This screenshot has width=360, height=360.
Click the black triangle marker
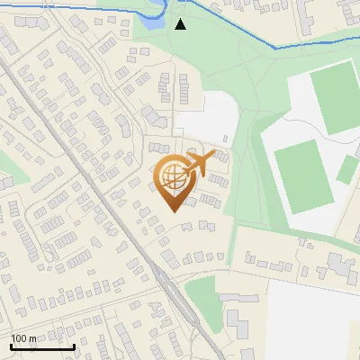(x=181, y=24)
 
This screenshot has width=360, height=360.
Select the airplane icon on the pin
(x=198, y=164)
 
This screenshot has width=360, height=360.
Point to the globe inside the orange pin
(x=174, y=177)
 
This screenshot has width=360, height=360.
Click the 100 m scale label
(x=23, y=338)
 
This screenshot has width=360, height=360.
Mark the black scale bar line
(x=42, y=346)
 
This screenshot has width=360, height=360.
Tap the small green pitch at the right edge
(x=347, y=169)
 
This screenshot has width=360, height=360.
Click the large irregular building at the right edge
(x=341, y=266)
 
